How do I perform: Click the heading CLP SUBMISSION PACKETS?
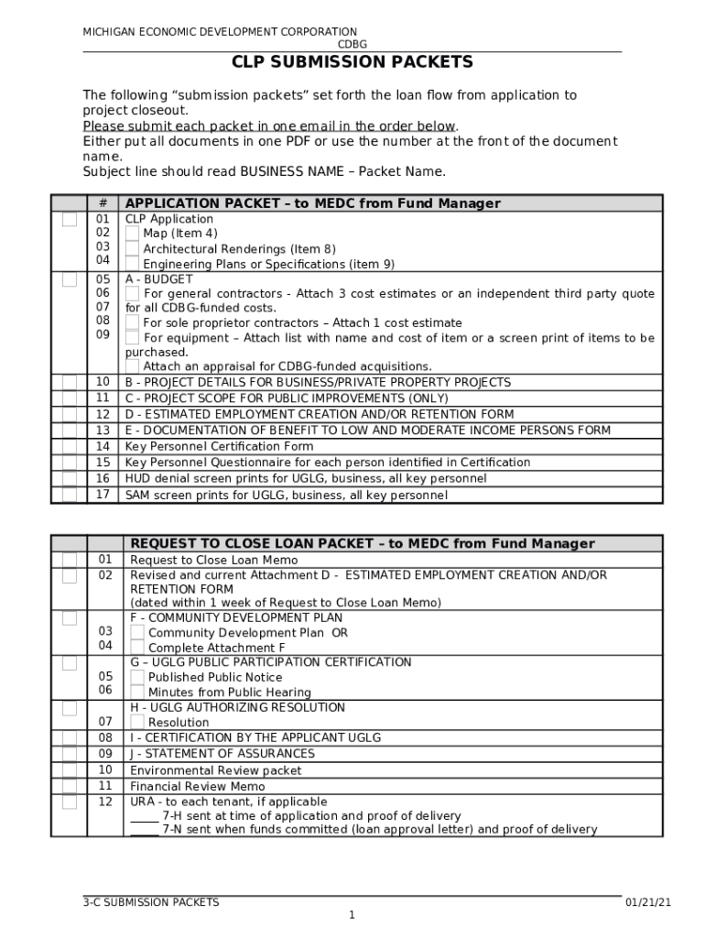[352, 62]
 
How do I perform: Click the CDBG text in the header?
[352, 44]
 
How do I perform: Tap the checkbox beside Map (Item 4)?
[133, 234]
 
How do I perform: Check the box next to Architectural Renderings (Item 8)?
[133, 249]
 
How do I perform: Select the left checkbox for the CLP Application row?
[70, 220]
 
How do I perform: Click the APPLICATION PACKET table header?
[312, 203]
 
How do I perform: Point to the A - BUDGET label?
[158, 278]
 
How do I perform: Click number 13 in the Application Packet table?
[103, 431]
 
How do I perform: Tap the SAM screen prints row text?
[286, 496]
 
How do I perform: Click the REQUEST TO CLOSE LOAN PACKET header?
[362, 544]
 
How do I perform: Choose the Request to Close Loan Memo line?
[213, 560]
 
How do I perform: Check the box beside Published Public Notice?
[137, 677]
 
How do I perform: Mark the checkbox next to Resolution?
[137, 723]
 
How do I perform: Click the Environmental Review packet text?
[215, 770]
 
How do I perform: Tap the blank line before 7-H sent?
[144, 816]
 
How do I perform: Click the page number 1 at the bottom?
[352, 915]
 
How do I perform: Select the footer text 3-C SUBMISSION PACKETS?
[151, 902]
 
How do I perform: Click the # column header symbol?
[103, 203]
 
